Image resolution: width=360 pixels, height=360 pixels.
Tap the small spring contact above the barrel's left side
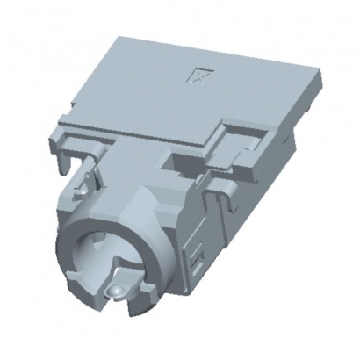tap(82, 185)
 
